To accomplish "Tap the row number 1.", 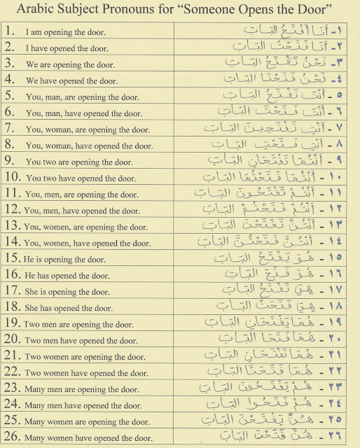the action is coord(10,32).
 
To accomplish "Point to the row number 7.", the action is coord(9,129).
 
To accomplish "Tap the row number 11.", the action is coord(13,194).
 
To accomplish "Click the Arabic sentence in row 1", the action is coord(277,32).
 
